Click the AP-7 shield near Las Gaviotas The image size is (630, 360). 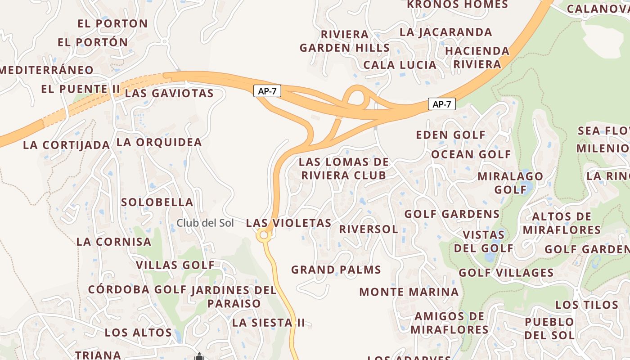[x=267, y=91]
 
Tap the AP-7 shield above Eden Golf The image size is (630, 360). [x=441, y=104]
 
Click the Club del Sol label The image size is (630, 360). [x=205, y=223]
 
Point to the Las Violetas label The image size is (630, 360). [x=289, y=223]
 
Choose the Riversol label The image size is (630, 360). [x=369, y=229]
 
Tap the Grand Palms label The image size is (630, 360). [x=336, y=270]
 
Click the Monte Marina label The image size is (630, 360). [x=409, y=292]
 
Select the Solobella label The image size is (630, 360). [x=157, y=202]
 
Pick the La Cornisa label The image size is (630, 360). [x=114, y=242]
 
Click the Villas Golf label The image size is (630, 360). [x=175, y=265]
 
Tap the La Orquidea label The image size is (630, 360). [x=159, y=142]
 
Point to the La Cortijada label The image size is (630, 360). [x=67, y=145]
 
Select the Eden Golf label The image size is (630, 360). [x=450, y=135]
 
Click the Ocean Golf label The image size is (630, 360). [x=471, y=154]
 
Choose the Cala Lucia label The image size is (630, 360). [x=400, y=65]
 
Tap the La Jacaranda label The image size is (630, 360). [x=445, y=32]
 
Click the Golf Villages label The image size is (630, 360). [x=506, y=273]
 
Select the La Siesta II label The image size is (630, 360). [x=269, y=323]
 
